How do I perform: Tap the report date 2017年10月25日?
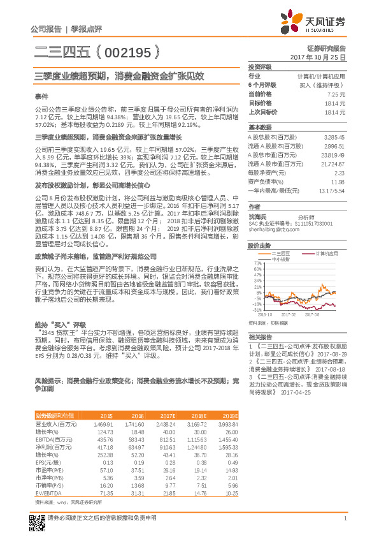[x=322, y=57]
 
